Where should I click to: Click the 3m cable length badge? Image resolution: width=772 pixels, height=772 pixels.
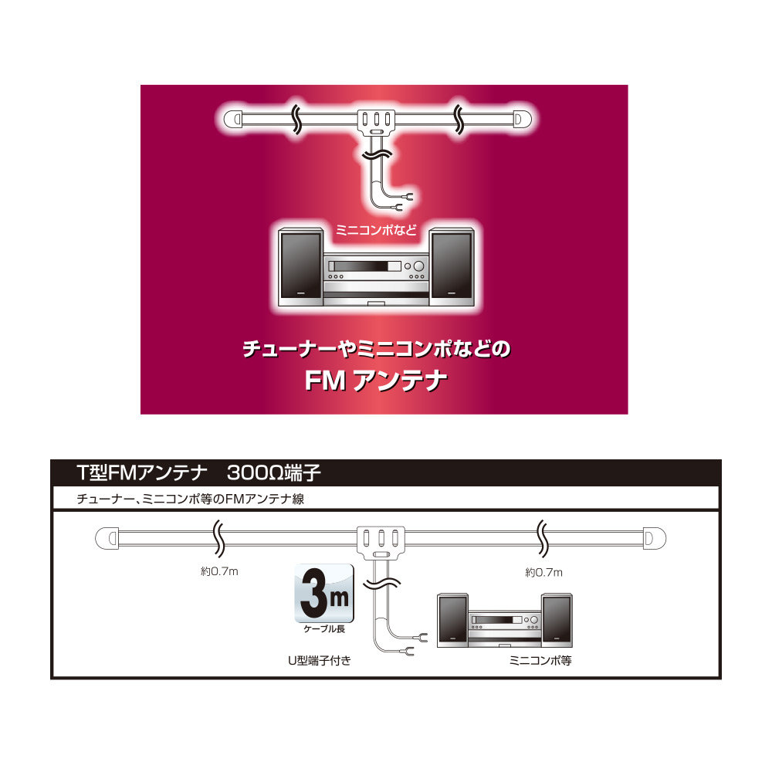[x=324, y=593]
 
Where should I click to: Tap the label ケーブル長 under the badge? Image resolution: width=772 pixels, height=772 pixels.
[x=324, y=628]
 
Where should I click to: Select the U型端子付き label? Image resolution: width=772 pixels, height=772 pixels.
[x=319, y=661]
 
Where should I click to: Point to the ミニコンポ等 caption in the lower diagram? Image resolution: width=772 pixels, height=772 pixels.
[x=540, y=661]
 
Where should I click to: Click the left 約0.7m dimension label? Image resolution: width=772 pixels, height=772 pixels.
[x=219, y=571]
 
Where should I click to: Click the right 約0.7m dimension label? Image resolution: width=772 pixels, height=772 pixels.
[x=543, y=572]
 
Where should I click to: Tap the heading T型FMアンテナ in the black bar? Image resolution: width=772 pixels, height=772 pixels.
[x=142, y=473]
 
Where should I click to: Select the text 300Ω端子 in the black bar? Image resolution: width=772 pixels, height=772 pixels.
[x=274, y=473]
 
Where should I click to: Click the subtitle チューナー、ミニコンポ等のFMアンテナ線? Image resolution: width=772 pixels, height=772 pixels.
[x=190, y=499]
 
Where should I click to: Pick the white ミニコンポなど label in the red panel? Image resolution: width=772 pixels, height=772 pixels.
[x=376, y=230]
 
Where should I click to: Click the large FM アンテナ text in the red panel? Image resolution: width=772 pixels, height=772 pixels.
[x=376, y=381]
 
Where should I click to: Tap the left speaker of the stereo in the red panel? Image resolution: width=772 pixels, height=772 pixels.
[x=301, y=267]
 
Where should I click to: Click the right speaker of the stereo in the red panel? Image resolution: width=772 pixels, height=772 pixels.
[x=452, y=267]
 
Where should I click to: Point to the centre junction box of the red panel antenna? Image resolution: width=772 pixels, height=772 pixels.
[x=376, y=123]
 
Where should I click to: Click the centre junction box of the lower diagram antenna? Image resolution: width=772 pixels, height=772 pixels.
[x=381, y=543]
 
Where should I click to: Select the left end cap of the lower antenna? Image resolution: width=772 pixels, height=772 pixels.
[x=107, y=538]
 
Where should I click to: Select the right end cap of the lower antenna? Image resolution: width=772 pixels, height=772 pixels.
[x=655, y=538]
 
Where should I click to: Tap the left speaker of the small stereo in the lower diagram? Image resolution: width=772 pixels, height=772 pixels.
[x=452, y=621]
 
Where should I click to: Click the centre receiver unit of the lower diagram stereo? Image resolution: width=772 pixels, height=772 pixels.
[x=505, y=628]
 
